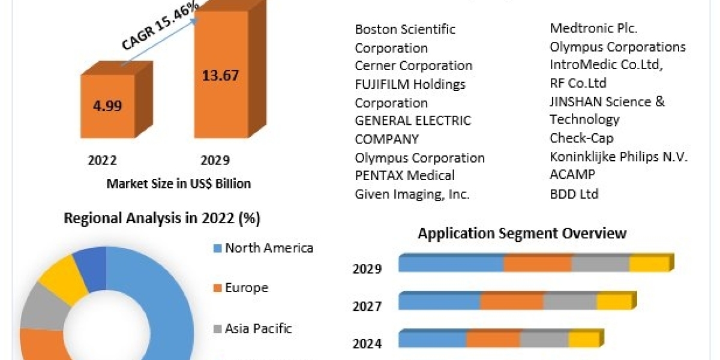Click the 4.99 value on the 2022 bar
click(107, 106)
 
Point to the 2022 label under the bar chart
click(102, 160)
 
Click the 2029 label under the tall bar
click(215, 160)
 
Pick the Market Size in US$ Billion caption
click(178, 184)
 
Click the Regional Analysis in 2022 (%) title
click(162, 219)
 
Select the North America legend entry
click(269, 248)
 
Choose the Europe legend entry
click(247, 288)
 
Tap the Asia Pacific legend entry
click(259, 328)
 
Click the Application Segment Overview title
click(522, 233)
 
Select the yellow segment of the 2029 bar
click(649, 263)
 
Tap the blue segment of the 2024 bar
click(432, 339)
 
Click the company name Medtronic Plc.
click(593, 28)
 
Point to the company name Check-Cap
click(581, 138)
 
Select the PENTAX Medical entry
click(404, 175)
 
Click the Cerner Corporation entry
click(413, 65)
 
